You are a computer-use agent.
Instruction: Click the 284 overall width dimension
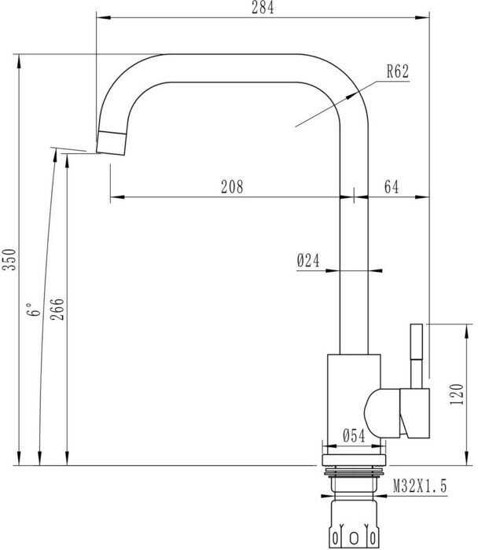(x=263, y=7)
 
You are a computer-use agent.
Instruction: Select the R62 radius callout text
(x=398, y=71)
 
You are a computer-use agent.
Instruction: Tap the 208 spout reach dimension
(x=232, y=187)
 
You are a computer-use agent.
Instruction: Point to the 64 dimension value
(x=392, y=187)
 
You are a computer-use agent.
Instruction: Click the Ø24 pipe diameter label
(x=308, y=261)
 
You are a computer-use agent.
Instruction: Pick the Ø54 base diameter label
(x=354, y=435)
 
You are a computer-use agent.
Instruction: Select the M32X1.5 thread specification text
(x=420, y=486)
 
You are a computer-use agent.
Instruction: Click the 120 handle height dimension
(x=457, y=394)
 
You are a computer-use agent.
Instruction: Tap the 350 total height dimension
(x=9, y=259)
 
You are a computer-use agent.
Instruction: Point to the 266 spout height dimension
(x=57, y=309)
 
